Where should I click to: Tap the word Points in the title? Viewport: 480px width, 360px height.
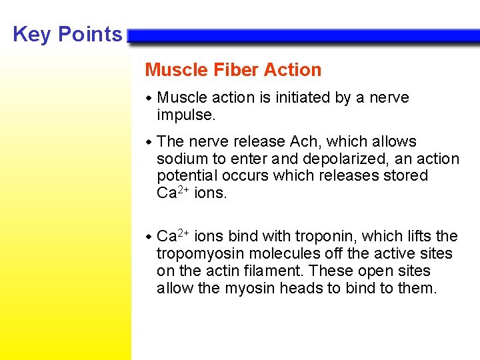point(90,35)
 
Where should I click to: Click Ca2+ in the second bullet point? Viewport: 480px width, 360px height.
point(173,193)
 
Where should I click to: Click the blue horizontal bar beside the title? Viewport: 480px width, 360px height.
point(303,36)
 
